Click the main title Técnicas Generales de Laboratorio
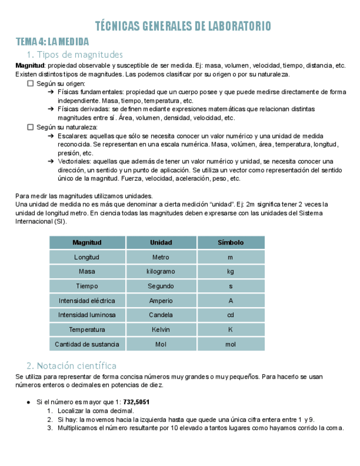tap(183, 26)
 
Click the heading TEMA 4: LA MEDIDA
tap(52, 42)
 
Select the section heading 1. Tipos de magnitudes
tap(75, 54)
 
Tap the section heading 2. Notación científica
tap(71, 365)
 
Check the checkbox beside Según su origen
tap(31, 84)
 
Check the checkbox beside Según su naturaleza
tap(31, 127)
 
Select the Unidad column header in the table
tap(161, 242)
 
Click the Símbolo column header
tap(230, 242)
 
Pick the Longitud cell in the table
tap(87, 257)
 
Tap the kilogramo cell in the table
tap(161, 271)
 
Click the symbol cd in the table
tap(230, 315)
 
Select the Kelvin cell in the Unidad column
tap(161, 330)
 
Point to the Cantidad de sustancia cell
tap(87, 344)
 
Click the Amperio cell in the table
tap(161, 301)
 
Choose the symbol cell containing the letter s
tap(230, 286)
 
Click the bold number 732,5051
tap(137, 402)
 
